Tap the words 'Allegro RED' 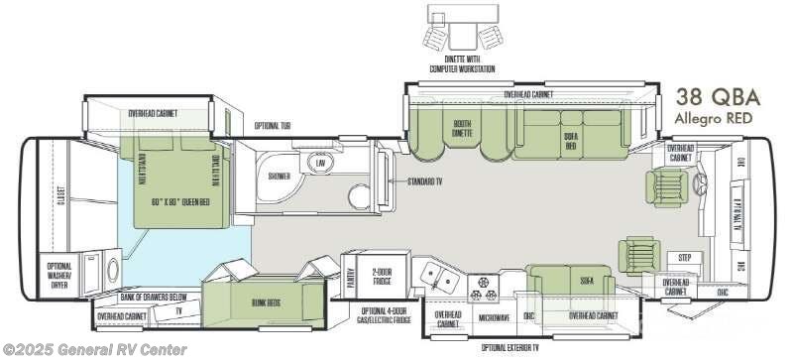pyautogui.click(x=716, y=118)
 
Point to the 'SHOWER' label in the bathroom pyautogui.click(x=280, y=177)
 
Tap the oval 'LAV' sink pyautogui.click(x=319, y=163)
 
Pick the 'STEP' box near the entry pyautogui.click(x=684, y=257)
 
